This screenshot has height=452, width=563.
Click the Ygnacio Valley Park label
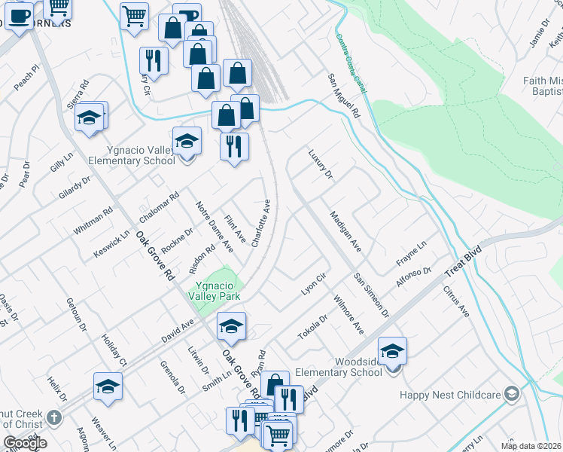click(x=218, y=291)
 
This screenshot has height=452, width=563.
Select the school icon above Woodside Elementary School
click(x=392, y=350)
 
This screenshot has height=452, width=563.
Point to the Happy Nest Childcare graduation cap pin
click(x=512, y=394)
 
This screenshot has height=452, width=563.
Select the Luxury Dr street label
click(x=320, y=164)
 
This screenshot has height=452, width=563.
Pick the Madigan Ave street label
click(x=346, y=231)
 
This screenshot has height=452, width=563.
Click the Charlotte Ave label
click(x=261, y=223)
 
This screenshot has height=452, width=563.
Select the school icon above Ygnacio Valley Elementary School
click(x=187, y=141)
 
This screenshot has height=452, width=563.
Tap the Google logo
click(x=24, y=442)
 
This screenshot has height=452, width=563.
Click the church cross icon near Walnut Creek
click(x=53, y=417)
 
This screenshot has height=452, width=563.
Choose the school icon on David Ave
click(x=231, y=326)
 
